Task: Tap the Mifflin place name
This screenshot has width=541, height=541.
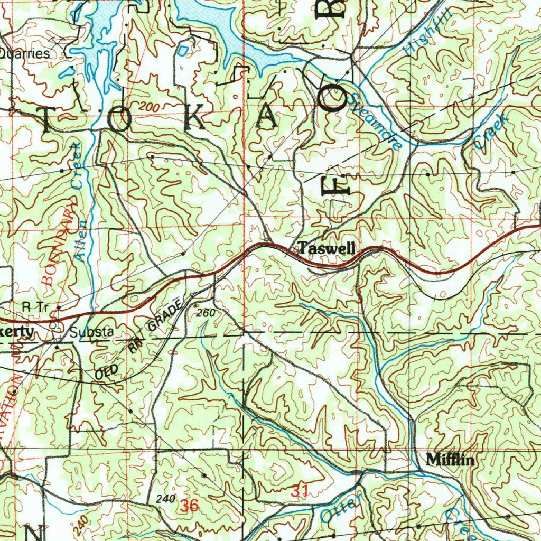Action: pos(450,460)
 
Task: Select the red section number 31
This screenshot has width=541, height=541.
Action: pos(300,491)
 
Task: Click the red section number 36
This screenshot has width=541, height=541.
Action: pos(189,506)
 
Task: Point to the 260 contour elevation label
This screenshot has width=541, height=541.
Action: pos(206,313)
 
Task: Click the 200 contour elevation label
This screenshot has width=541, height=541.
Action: pos(148,107)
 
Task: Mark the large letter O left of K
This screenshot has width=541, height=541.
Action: pos(119,121)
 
